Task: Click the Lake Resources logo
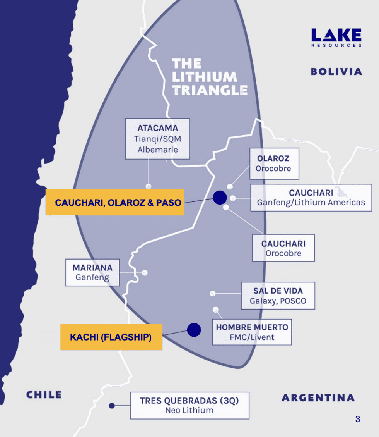point(336,38)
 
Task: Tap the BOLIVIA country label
point(336,71)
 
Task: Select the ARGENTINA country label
point(318,397)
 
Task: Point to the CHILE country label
point(44,395)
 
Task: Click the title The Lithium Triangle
point(209,77)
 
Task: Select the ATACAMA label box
point(158,139)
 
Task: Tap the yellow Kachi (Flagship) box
point(111,337)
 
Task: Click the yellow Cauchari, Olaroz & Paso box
point(114,202)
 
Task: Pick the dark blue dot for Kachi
point(194,330)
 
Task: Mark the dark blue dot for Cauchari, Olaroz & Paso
point(220,197)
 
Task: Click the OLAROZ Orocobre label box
point(274,163)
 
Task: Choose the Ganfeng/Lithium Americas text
point(311,202)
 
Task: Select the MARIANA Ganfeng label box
point(92,272)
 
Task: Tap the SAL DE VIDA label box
point(278,296)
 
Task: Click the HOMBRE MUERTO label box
point(252,332)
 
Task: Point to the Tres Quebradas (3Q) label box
point(189,405)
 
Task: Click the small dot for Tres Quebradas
point(112,406)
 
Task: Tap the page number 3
point(357,419)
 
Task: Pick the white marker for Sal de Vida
point(212,293)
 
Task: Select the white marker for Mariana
point(145,273)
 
